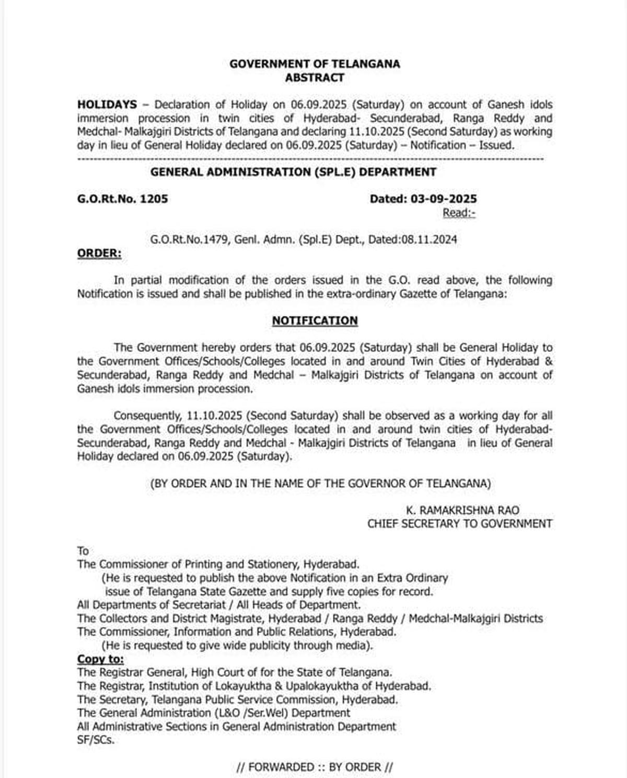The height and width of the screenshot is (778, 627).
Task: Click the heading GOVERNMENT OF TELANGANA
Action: click(x=315, y=64)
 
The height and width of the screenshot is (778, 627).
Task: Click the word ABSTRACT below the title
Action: click(x=315, y=77)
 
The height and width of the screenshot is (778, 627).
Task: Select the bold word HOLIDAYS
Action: click(x=107, y=105)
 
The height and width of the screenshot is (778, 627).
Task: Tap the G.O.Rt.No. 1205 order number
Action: click(x=123, y=199)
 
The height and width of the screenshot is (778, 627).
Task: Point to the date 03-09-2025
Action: click(x=444, y=199)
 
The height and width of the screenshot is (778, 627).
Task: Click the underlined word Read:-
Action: click(x=459, y=213)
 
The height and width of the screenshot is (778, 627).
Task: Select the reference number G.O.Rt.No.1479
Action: click(x=189, y=240)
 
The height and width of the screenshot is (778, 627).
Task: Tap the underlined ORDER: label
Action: click(x=99, y=254)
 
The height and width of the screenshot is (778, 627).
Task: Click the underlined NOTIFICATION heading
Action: click(x=315, y=321)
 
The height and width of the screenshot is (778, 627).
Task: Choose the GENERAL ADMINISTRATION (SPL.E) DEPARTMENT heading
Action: click(x=293, y=172)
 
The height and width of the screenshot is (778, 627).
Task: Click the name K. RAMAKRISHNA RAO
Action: click(x=462, y=510)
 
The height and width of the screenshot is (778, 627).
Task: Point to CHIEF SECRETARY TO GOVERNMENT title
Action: click(x=459, y=524)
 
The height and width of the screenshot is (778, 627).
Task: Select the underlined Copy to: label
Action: click(x=100, y=659)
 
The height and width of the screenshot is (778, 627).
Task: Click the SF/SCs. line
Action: click(x=96, y=740)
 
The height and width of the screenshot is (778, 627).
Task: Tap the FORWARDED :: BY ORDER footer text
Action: click(x=315, y=767)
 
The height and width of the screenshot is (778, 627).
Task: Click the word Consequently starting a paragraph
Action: click(x=147, y=416)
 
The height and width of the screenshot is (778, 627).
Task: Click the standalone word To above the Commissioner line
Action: click(x=83, y=551)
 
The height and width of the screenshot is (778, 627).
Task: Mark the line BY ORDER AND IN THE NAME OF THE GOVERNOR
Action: click(x=320, y=484)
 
